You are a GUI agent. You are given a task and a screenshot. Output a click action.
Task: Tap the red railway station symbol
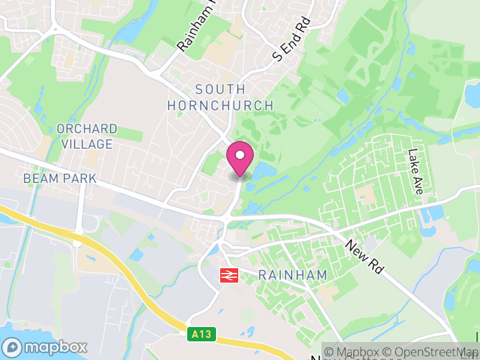[x=229, y=274]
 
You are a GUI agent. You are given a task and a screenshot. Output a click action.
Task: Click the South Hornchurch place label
[x=220, y=98]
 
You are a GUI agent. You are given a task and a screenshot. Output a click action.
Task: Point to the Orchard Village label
[x=86, y=137]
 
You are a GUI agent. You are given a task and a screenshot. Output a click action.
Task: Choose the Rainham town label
[x=293, y=275]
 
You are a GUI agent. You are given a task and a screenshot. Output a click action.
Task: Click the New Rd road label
[x=365, y=257]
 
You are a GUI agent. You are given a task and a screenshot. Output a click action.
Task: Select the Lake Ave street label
[x=415, y=172]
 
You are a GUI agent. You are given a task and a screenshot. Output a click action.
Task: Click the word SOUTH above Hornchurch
[x=220, y=90]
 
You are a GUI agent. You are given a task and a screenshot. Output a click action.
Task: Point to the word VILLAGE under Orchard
[x=86, y=145]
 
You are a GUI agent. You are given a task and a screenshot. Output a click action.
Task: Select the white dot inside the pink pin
[x=240, y=155]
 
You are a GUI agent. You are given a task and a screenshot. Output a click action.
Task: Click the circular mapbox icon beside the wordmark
[x=12, y=347]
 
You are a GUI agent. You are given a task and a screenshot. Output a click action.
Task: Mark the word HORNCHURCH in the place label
[x=220, y=106]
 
